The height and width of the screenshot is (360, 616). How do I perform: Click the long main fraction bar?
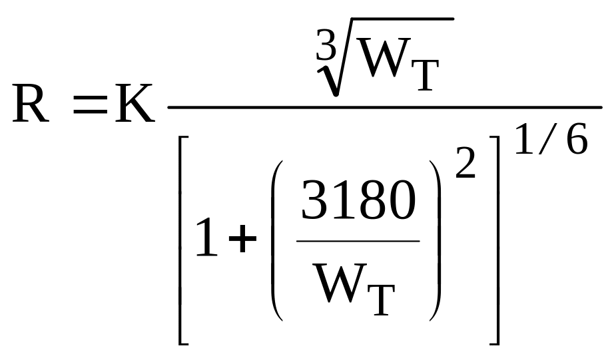pyautogui.click(x=384, y=106)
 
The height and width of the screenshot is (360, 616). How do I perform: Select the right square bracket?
pyautogui.click(x=495, y=239)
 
